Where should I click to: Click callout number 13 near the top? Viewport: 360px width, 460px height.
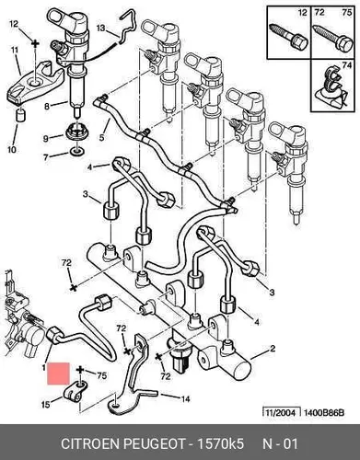pos(101,29)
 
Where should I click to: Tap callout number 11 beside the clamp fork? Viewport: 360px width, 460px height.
pos(15,50)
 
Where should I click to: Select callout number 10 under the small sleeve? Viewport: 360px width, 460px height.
pos(12,150)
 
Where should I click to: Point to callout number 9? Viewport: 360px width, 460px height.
pos(46,139)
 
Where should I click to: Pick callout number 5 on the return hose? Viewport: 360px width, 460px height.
pos(101,138)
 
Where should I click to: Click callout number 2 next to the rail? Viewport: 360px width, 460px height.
pos(273,349)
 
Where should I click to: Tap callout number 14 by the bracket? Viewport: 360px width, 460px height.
pos(185,398)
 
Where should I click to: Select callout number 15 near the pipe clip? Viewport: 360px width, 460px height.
pos(46,405)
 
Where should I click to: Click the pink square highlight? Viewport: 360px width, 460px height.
pos(58,374)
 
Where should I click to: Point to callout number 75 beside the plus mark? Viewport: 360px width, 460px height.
pos(102,375)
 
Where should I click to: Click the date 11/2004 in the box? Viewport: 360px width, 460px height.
pos(279,413)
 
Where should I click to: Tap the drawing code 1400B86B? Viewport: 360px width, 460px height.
pos(324,413)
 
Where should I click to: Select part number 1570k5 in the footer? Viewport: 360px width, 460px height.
pos(220,443)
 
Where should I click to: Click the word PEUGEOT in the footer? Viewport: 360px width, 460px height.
pos(155,443)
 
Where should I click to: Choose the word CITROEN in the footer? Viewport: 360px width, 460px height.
pos(90,443)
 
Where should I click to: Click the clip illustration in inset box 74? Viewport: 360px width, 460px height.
pos(331,89)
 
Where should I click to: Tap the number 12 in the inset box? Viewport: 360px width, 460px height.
pos(303,13)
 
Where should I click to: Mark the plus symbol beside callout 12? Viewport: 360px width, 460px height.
pos(35,43)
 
